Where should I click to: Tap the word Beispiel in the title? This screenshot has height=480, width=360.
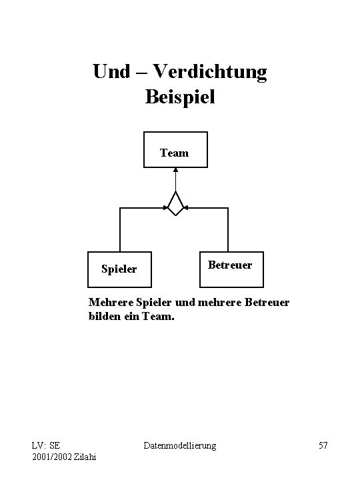pyautogui.click(x=180, y=97)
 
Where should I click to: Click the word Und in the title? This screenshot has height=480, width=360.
pyautogui.click(x=112, y=71)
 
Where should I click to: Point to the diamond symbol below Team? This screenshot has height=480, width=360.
pyautogui.click(x=176, y=203)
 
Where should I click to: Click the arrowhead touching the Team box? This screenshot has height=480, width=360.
pyautogui.click(x=176, y=169)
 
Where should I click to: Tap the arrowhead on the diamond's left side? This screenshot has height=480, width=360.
pyautogui.click(x=166, y=208)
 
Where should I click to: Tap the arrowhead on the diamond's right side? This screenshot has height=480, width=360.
pyautogui.click(x=186, y=208)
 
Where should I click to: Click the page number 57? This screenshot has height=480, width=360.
pyautogui.click(x=322, y=445)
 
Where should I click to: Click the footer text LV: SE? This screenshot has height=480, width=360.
pyautogui.click(x=45, y=445)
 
